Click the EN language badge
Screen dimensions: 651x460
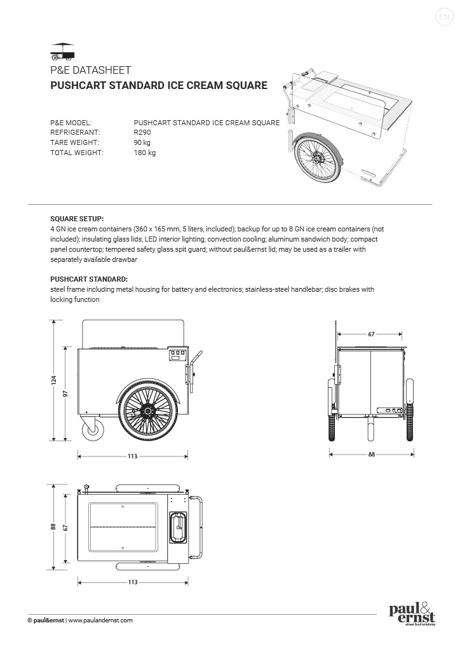(x=443, y=17)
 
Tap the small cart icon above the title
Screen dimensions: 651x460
(x=62, y=50)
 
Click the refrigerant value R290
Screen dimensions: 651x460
(x=142, y=132)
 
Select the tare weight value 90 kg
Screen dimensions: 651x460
(x=142, y=142)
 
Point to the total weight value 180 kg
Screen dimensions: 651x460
(x=145, y=153)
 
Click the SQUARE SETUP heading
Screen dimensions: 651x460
(x=77, y=217)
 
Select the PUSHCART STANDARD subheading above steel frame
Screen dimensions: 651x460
(x=88, y=279)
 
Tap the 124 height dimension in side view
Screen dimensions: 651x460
(x=54, y=380)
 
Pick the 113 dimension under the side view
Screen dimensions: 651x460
(x=133, y=456)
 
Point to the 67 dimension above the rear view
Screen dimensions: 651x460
(x=370, y=333)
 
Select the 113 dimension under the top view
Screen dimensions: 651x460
(x=133, y=582)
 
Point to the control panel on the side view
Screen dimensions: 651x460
(x=177, y=355)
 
